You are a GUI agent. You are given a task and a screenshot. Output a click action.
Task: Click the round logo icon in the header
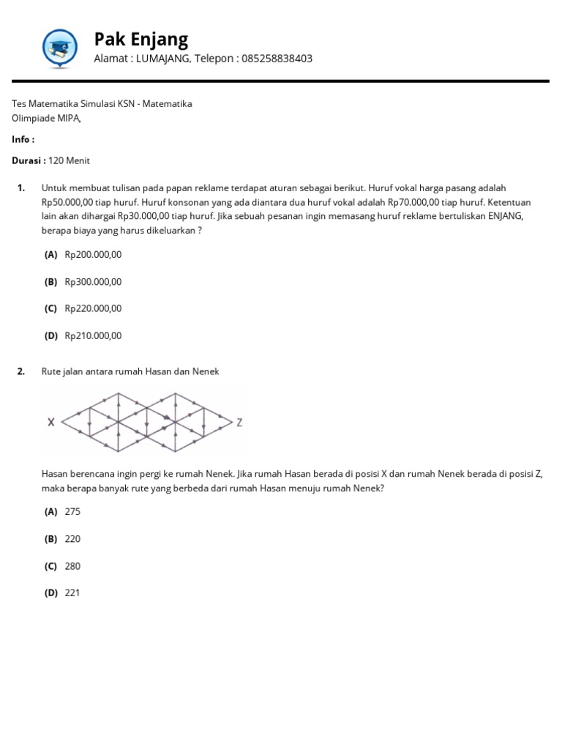click(59, 48)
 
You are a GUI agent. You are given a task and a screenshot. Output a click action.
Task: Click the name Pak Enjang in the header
click(141, 39)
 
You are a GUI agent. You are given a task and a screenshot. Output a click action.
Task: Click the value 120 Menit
click(70, 160)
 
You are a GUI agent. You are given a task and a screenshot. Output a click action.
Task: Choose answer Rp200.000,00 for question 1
click(93, 255)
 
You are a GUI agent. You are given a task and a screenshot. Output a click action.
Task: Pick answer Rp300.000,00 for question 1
click(93, 282)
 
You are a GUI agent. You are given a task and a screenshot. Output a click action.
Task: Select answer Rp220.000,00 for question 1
click(93, 309)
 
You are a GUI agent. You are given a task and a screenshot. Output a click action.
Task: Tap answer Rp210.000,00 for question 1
click(93, 336)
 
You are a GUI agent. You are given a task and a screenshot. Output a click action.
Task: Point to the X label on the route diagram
click(50, 422)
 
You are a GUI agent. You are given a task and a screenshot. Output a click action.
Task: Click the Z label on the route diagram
click(239, 423)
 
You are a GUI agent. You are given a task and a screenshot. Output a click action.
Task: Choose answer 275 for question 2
click(72, 512)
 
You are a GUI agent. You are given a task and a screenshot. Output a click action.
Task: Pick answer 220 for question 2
click(72, 539)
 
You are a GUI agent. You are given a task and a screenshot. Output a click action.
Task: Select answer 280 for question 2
click(72, 566)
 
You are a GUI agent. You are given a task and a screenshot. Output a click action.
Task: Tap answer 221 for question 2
click(72, 593)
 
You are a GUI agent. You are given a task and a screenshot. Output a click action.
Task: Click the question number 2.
click(21, 371)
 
